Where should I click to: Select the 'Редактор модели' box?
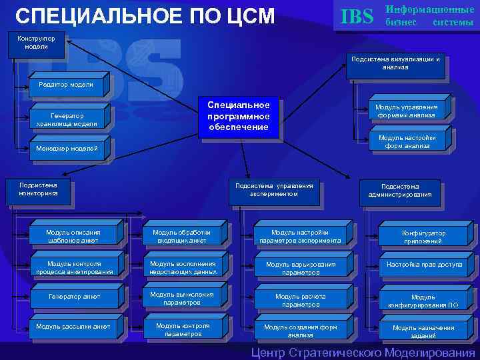click(66, 84)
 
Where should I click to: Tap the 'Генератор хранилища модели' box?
click(67, 119)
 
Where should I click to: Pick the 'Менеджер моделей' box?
click(67, 148)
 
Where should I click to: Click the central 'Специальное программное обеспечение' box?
click(238, 116)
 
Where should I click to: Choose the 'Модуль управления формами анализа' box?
click(406, 111)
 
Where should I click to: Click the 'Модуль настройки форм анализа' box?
click(407, 142)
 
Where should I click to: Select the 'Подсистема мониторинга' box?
click(38, 189)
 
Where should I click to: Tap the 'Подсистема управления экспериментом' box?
click(273, 190)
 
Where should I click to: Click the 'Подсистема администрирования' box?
click(400, 191)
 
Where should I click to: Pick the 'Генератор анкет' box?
click(74, 296)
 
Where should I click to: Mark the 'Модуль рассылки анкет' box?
click(73, 327)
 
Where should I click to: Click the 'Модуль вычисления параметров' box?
click(181, 298)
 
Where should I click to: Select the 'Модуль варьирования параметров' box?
click(301, 268)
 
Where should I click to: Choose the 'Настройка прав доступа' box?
click(424, 265)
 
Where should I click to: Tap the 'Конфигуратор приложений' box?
click(424, 237)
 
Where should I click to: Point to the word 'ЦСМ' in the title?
click(247, 17)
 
